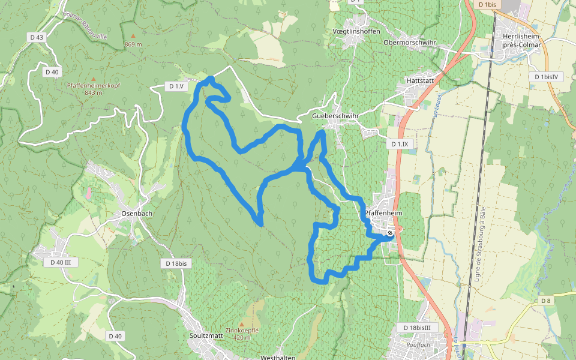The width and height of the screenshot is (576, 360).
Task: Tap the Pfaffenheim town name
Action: tap(383, 213)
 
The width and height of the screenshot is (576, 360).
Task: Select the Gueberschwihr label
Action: tap(335, 115)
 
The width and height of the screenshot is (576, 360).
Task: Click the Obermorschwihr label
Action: tap(410, 43)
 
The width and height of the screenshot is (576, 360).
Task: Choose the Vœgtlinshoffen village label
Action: tap(356, 31)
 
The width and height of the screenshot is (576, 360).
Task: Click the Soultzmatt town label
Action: tap(206, 335)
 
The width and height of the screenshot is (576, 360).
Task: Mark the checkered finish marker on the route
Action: tap(390, 233)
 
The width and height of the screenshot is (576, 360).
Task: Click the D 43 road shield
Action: tap(37, 37)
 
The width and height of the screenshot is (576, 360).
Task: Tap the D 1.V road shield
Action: tap(176, 86)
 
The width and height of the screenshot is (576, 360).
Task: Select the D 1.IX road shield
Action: tap(399, 144)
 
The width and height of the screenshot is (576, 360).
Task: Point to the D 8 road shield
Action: tap(545, 301)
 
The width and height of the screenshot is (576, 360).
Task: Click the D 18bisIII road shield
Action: tap(418, 327)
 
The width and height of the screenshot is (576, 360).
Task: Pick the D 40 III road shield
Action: tap(61, 262)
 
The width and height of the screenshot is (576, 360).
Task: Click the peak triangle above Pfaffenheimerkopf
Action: tap(93, 79)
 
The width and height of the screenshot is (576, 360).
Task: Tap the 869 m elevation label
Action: tap(133, 44)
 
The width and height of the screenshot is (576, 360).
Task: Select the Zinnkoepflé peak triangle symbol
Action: tap(241, 324)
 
